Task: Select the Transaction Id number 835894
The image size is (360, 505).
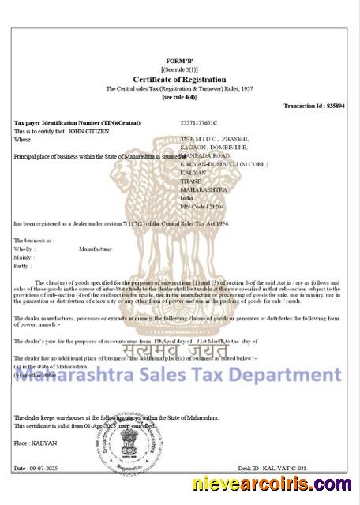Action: click(336, 106)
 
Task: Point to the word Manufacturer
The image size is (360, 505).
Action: click(96, 249)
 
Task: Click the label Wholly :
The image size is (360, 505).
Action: click(24, 249)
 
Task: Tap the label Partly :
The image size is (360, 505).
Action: click(24, 266)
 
